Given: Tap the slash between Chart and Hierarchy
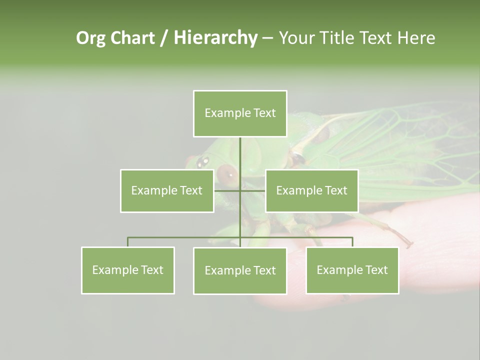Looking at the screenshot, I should [164, 38].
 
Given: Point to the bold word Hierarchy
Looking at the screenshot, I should [215, 38].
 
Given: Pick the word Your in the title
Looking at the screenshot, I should [296, 38].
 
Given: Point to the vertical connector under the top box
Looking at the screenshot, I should [240, 155].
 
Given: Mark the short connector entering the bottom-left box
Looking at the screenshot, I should [128, 242].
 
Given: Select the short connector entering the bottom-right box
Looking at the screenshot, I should [352, 242].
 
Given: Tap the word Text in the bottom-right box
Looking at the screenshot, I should [376, 270].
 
